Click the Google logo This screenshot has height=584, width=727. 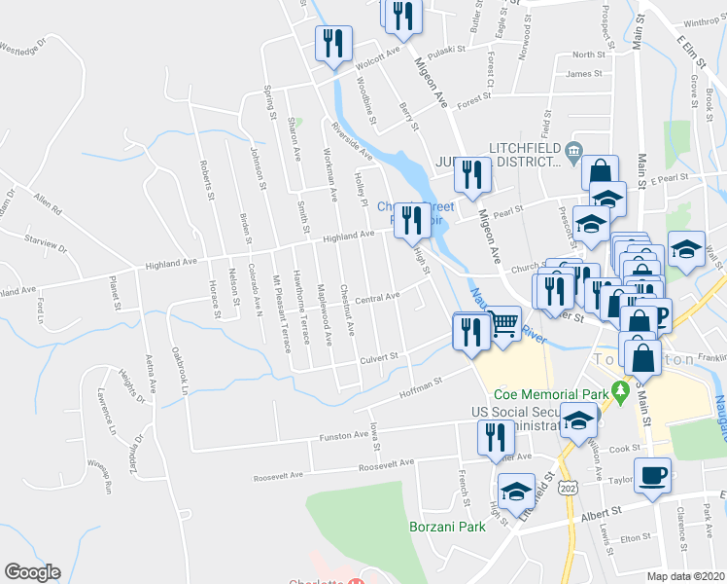coord(33,572)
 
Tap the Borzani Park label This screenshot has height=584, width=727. coord(446,528)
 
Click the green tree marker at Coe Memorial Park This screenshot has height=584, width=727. coord(619,395)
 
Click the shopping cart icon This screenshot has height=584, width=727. coord(502,322)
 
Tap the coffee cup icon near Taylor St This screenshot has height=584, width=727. coord(652,474)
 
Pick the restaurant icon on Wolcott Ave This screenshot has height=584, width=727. coord(331,44)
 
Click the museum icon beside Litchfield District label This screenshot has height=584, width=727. coord(572,149)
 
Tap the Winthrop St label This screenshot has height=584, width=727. coord(701,20)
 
